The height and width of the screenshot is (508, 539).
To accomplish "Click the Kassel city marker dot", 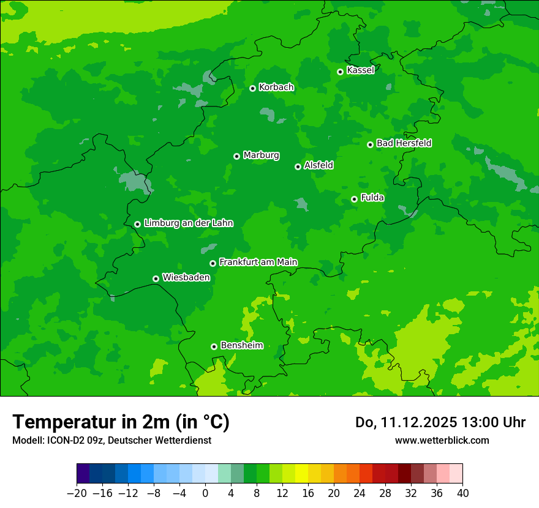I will click(340, 72).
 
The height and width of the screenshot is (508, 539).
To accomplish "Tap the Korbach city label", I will click(276, 88).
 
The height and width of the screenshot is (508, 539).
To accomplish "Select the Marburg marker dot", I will click(236, 156).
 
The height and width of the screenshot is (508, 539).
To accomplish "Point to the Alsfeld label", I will click(318, 165).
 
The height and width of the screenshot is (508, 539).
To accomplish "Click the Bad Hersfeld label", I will click(404, 143).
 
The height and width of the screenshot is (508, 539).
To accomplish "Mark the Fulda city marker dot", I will click(354, 199).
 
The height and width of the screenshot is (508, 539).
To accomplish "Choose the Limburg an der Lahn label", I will click(188, 223).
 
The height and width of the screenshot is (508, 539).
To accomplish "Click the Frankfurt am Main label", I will click(258, 262).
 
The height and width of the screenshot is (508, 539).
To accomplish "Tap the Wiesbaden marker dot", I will click(156, 278).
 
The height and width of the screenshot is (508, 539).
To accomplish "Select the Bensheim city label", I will click(241, 345).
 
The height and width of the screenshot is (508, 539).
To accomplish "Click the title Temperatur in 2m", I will click(121, 422).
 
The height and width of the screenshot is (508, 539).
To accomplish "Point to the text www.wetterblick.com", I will click(442, 440).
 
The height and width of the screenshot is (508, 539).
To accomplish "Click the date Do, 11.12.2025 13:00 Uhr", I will click(440, 422).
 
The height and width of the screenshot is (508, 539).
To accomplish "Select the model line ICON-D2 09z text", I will click(111, 440).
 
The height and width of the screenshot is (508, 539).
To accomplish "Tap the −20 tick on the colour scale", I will click(77, 493).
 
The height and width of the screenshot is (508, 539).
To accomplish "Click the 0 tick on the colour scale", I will click(205, 493).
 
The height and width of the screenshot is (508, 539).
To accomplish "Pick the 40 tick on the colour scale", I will click(462, 493).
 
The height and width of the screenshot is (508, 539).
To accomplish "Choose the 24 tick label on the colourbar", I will click(360, 493).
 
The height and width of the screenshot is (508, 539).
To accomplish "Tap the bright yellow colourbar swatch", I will click(301, 474).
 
